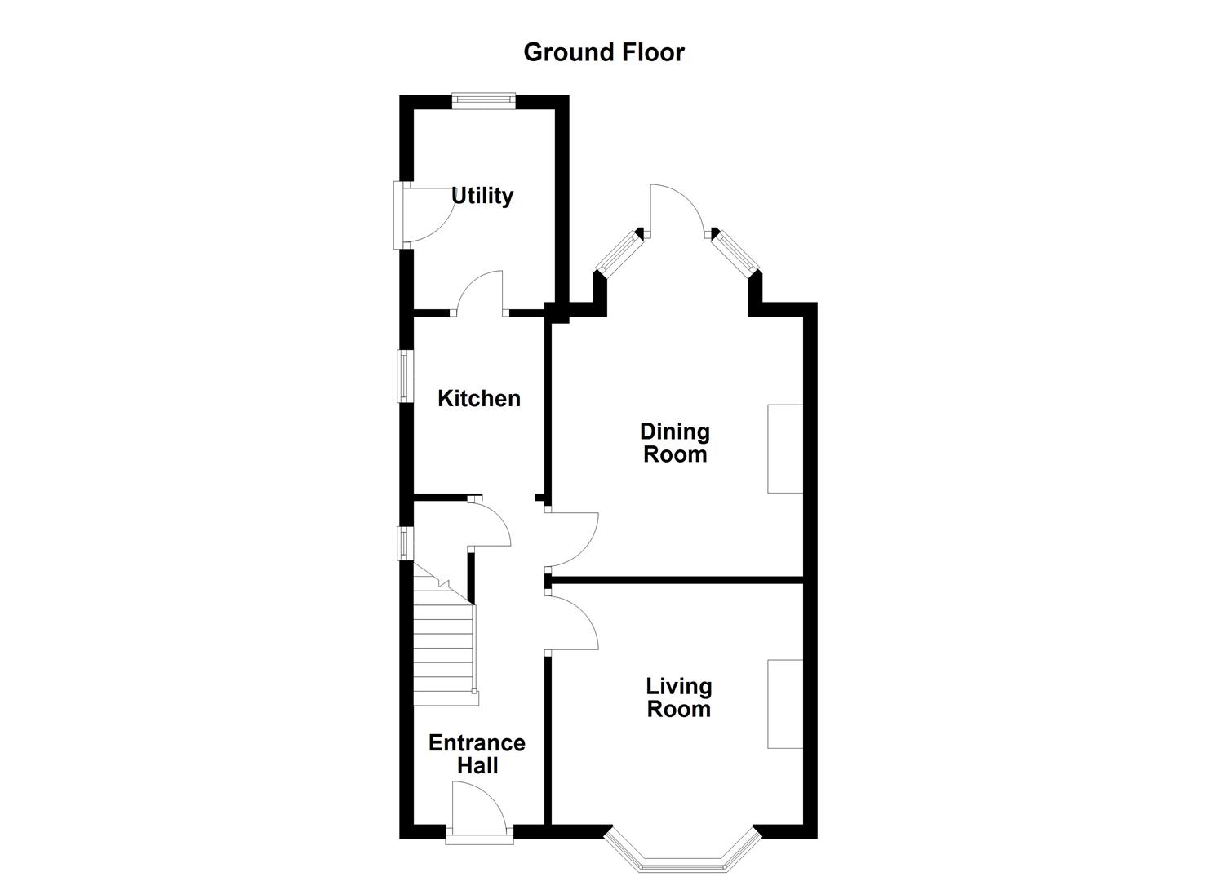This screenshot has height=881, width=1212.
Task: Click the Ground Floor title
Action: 603,52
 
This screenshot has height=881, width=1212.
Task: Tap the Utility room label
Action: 482,196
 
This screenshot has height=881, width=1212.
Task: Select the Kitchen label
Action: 479,398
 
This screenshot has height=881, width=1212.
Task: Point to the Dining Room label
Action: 674,443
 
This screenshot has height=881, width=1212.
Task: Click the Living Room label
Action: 678,697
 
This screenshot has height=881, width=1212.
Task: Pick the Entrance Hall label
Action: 477,754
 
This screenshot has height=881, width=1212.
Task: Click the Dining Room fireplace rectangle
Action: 785,449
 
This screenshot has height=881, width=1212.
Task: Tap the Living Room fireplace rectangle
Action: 785,703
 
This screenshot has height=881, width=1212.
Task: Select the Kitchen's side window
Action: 404,376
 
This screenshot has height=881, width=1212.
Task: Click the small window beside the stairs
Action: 403,543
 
